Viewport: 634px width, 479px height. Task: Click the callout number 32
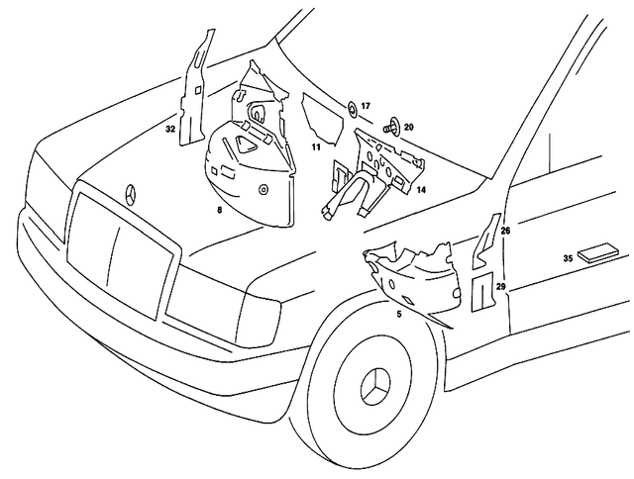tap(170, 129)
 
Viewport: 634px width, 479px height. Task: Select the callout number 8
tap(219, 211)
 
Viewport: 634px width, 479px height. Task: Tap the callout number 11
tap(315, 146)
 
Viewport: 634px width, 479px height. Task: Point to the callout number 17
tap(365, 105)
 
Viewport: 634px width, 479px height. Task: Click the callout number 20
tap(408, 127)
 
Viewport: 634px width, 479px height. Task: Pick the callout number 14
tap(420, 188)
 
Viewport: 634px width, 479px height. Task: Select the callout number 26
tap(505, 231)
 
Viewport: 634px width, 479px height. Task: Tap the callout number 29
tap(500, 286)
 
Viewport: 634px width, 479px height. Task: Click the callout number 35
tap(569, 258)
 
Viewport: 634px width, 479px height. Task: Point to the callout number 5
tap(398, 314)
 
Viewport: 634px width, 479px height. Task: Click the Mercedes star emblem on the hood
tap(129, 192)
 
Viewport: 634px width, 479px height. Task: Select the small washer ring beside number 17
tap(351, 106)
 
